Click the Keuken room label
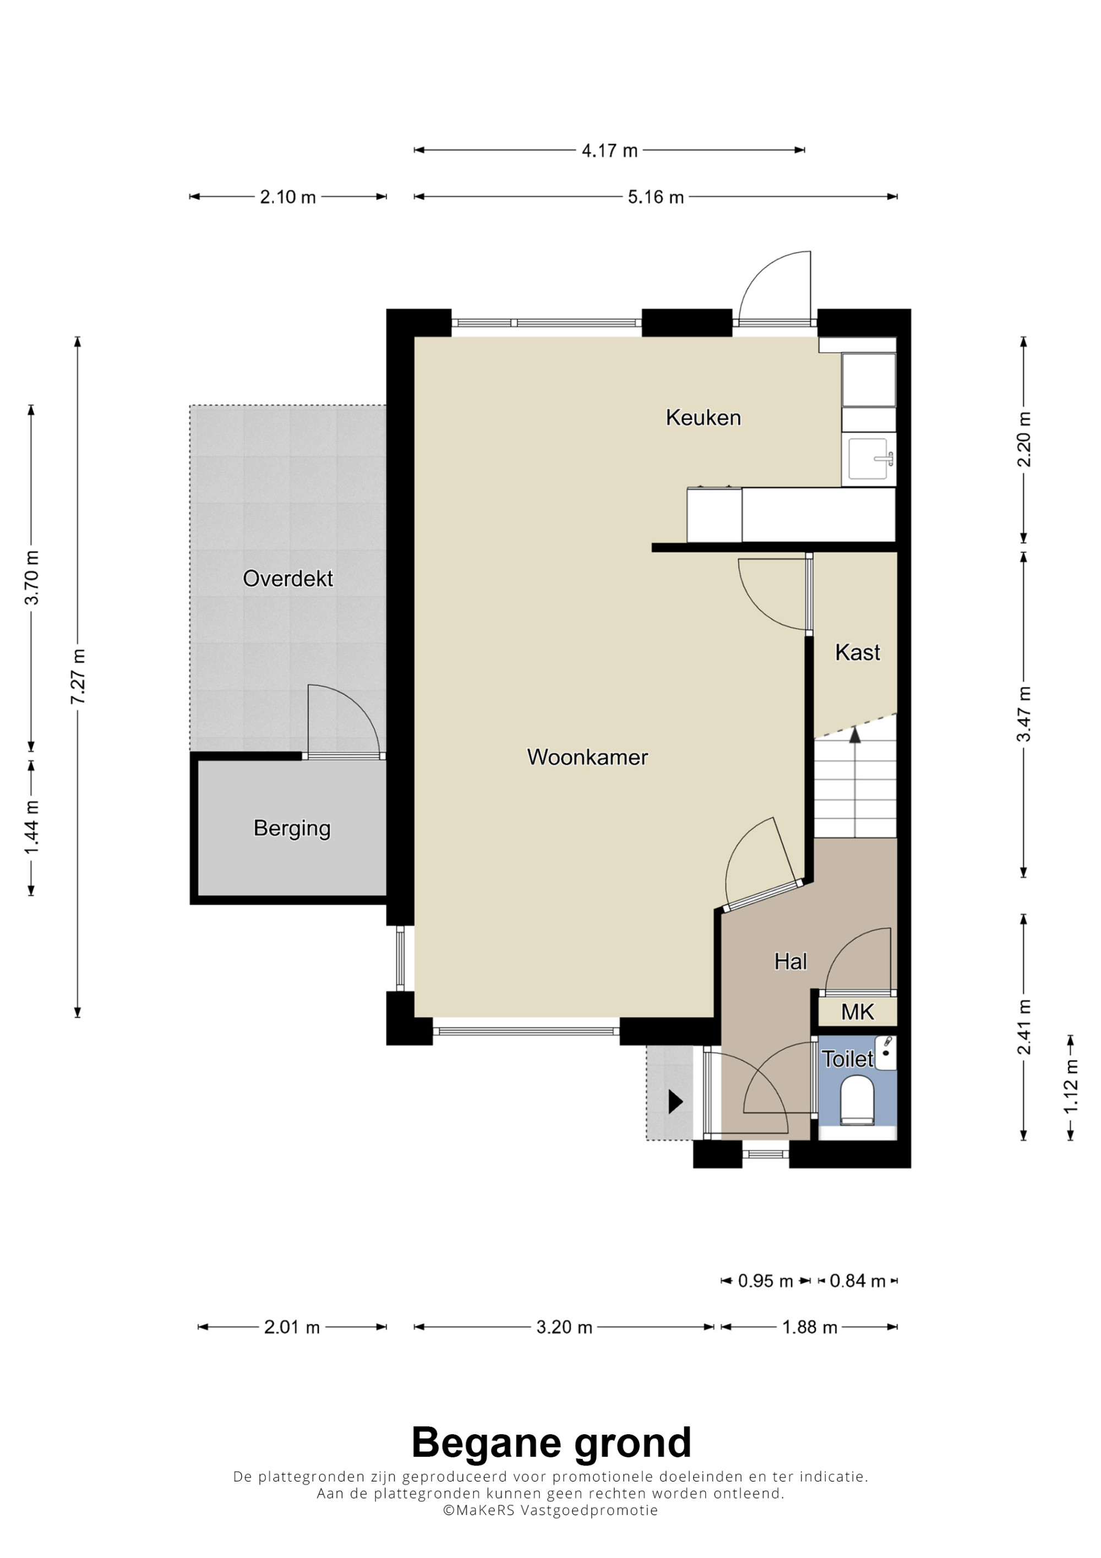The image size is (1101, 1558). click(703, 417)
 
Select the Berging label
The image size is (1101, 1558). click(292, 829)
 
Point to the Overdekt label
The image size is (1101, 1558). click(287, 578)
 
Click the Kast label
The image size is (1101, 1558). click(858, 652)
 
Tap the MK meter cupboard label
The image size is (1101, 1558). click(858, 1012)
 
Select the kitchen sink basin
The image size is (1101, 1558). click(868, 459)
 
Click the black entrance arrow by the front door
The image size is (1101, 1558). click(675, 1101)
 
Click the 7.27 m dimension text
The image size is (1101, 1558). click(78, 677)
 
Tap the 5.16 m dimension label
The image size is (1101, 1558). click(655, 197)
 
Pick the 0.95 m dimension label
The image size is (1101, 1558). click(765, 1281)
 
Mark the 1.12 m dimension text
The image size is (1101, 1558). click(1071, 1086)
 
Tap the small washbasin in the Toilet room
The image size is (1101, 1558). click(886, 1053)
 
